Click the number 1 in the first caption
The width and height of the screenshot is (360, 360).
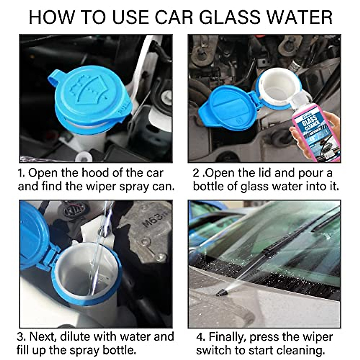coord(20,173)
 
